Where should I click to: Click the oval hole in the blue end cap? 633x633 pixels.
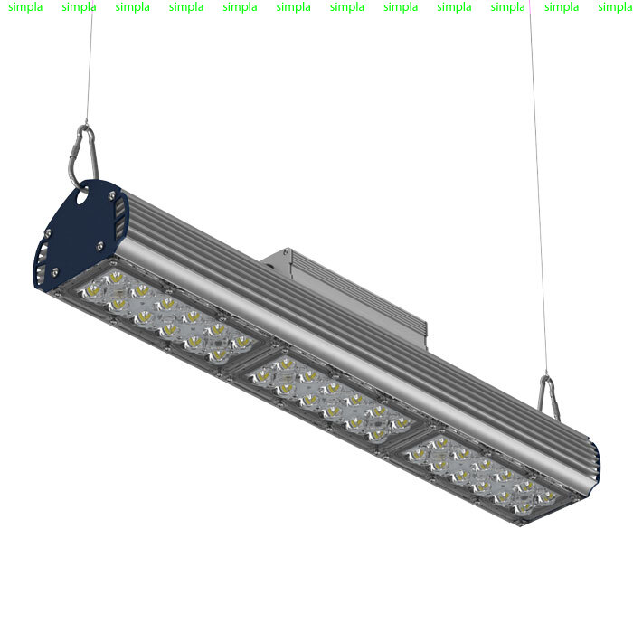point(82,197)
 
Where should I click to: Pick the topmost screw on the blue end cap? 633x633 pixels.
point(111,196)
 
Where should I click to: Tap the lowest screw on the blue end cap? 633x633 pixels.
point(55,272)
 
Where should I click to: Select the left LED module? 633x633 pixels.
point(166,315)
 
